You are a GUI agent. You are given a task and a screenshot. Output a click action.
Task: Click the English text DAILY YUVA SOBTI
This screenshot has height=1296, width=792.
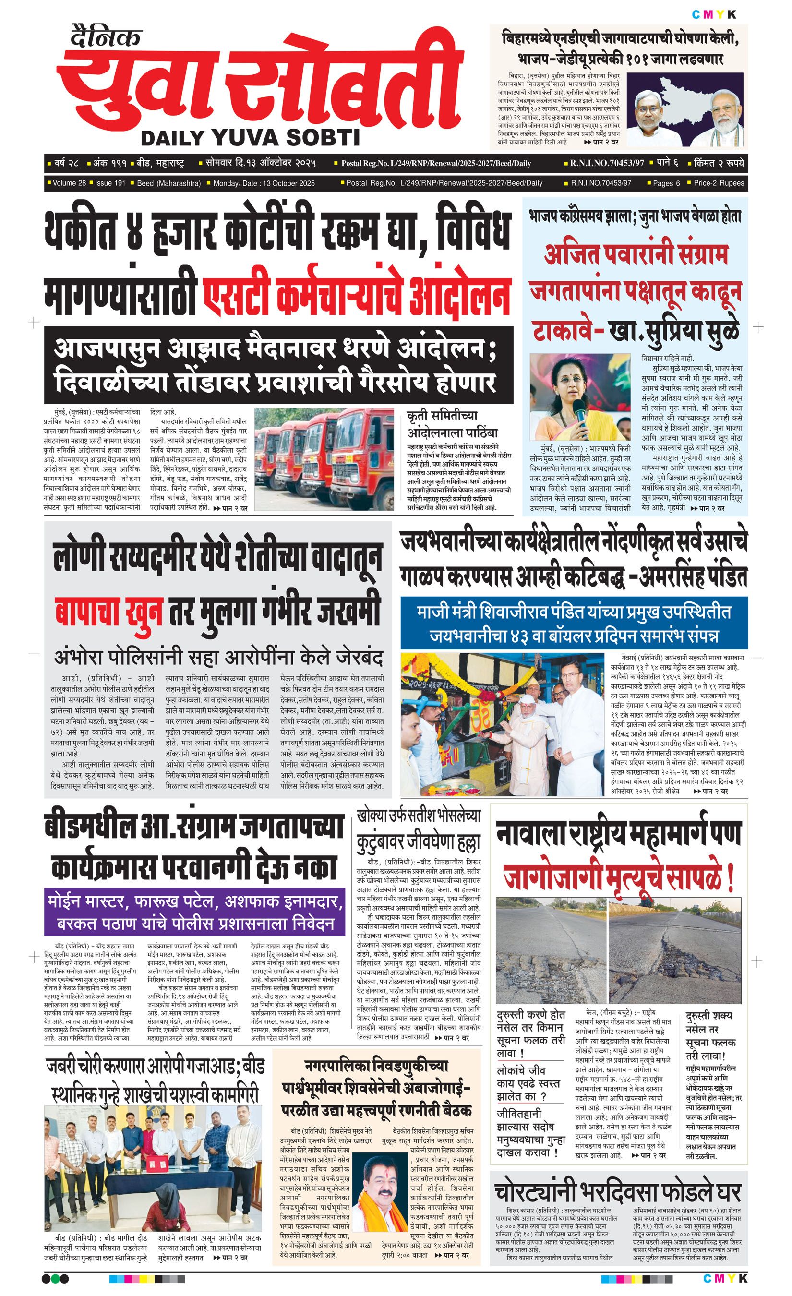tap(251, 138)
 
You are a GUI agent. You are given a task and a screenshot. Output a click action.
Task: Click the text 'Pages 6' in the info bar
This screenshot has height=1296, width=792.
tap(666, 183)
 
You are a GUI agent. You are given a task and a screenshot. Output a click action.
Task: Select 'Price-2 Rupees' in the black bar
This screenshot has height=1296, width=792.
tap(719, 183)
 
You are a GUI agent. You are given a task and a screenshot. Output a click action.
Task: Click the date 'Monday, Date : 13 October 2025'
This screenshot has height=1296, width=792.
tap(264, 183)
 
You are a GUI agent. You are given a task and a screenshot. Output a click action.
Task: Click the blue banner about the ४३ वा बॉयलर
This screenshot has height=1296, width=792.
tap(574, 623)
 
